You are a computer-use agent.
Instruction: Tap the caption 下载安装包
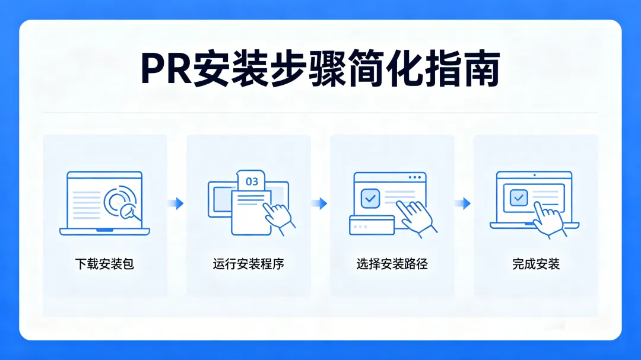(104, 264)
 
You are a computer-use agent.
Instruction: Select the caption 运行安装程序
(248, 264)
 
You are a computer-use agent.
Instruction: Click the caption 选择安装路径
(392, 264)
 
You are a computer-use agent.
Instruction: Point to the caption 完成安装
(536, 264)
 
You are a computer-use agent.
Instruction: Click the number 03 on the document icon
(252, 181)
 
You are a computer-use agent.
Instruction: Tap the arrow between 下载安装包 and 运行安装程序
(176, 203)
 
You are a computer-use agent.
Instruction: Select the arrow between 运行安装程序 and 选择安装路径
(320, 203)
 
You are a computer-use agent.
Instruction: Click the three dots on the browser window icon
(417, 177)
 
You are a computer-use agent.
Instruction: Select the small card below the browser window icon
(372, 225)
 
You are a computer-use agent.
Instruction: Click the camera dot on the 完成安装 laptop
(534, 175)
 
